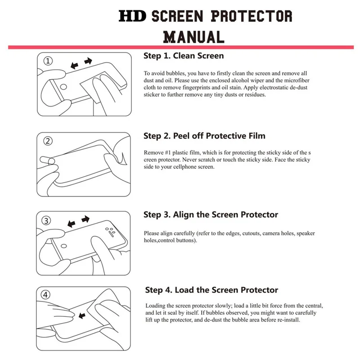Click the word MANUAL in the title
193,36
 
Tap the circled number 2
48,141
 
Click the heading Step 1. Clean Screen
184,56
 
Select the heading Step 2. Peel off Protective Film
204,136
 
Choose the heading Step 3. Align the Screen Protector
211,215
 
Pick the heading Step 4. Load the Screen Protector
211,290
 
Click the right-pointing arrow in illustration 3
85,219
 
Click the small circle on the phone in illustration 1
64,87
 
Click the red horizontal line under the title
180,47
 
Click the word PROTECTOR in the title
252,16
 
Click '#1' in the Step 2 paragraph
170,153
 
